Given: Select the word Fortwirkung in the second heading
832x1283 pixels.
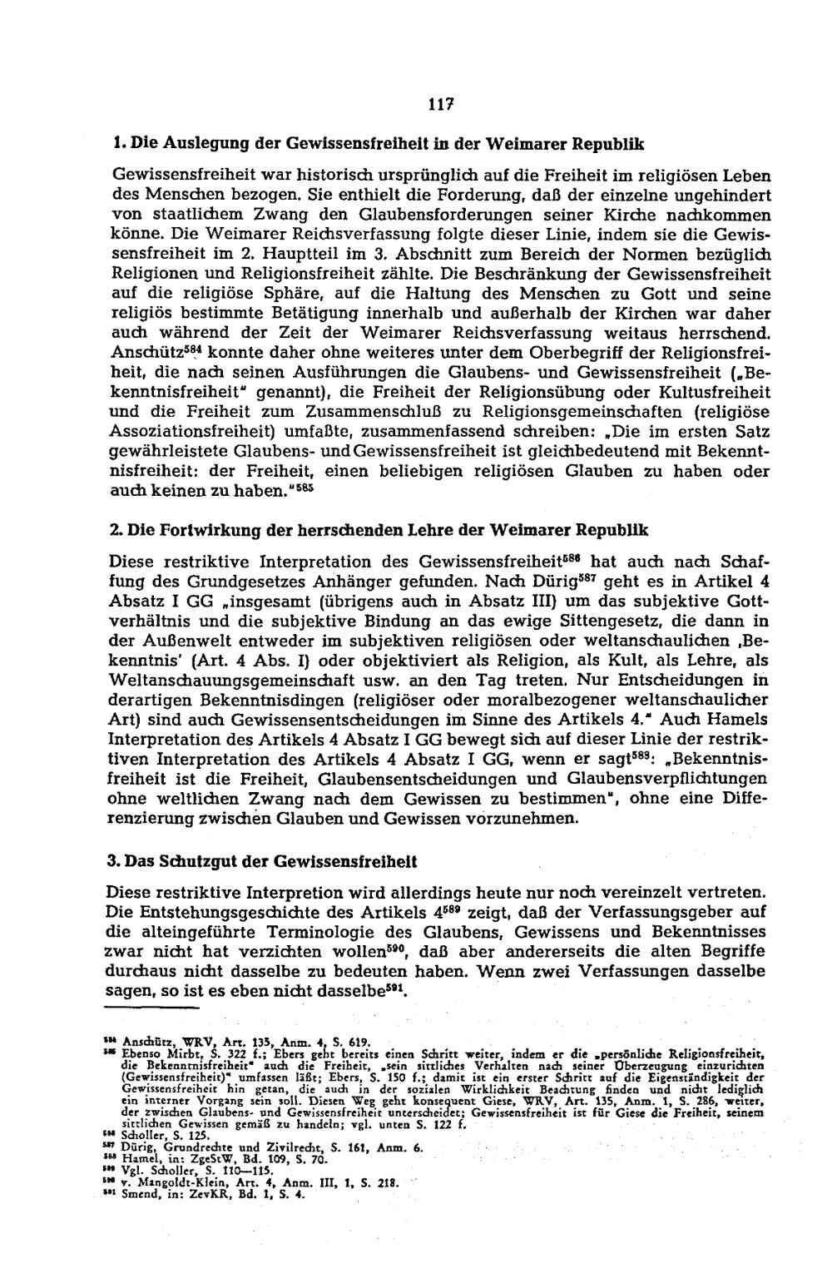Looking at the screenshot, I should tap(199, 530).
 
